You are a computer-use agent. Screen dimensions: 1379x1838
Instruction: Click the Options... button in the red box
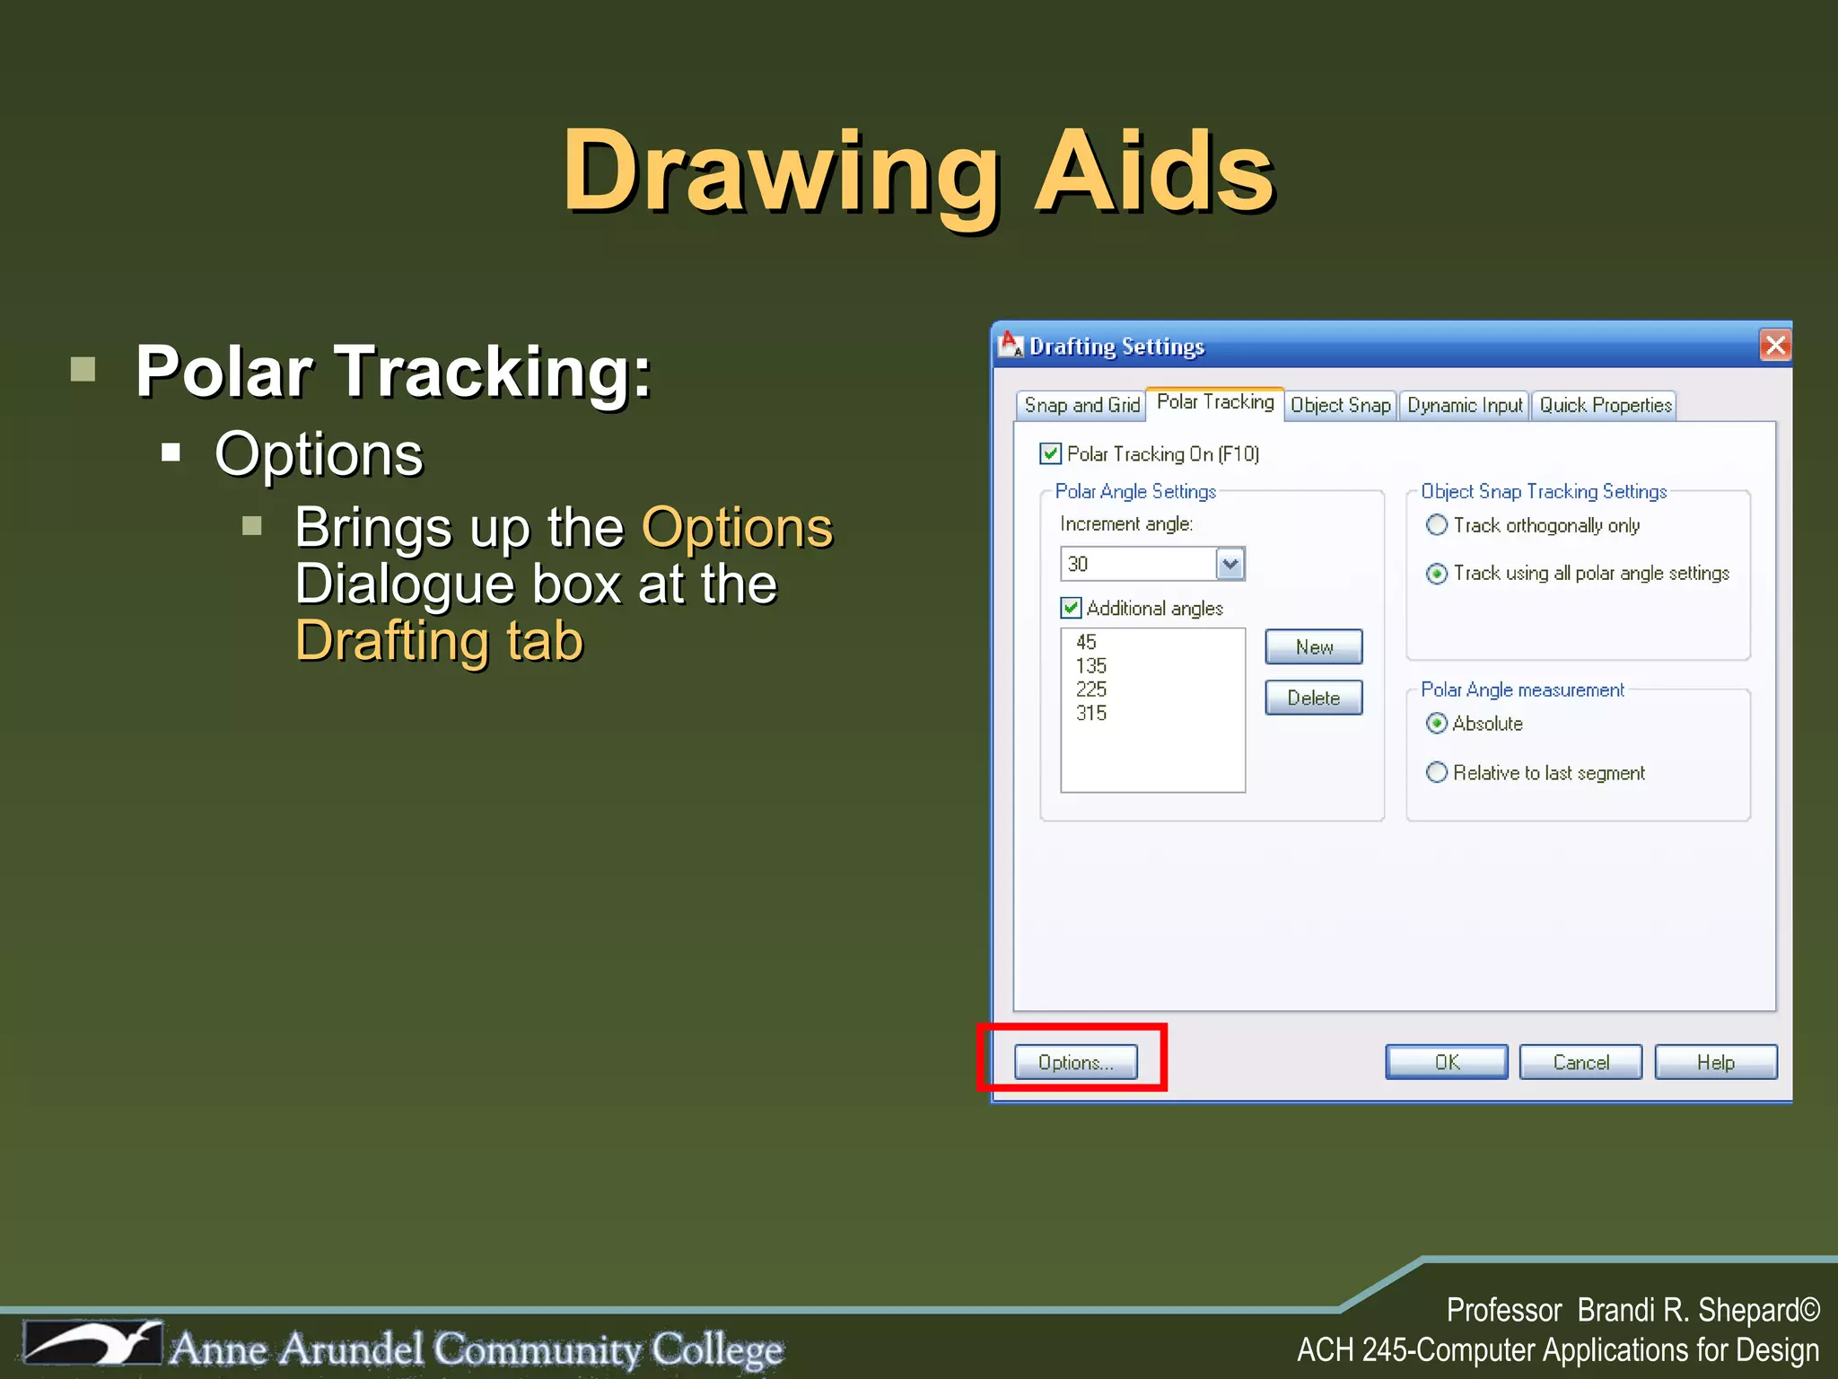coord(1075,1062)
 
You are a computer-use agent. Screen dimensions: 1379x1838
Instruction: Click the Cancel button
coord(1580,1062)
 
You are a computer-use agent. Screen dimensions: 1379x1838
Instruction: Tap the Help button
coord(1715,1062)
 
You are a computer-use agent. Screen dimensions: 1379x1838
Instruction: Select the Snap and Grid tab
coord(1081,406)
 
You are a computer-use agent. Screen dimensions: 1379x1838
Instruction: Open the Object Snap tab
coord(1340,406)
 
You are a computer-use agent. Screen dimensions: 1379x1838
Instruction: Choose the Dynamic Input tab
coord(1465,406)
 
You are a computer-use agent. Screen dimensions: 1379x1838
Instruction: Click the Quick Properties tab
coord(1605,406)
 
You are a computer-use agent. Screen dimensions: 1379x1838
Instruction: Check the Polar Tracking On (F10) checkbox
coord(1050,454)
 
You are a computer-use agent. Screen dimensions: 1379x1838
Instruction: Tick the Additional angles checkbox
coord(1071,609)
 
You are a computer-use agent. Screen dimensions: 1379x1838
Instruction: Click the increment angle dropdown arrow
coord(1230,564)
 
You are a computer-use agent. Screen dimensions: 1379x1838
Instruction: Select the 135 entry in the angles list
coord(1091,666)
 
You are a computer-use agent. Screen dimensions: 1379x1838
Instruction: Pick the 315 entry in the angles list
coord(1091,714)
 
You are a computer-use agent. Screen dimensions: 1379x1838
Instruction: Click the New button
coord(1313,647)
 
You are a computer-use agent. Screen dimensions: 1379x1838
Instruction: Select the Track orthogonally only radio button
coord(1437,525)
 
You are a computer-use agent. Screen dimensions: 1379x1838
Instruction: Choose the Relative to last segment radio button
coord(1437,772)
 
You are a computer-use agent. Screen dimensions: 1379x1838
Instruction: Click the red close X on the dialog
coord(1775,346)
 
